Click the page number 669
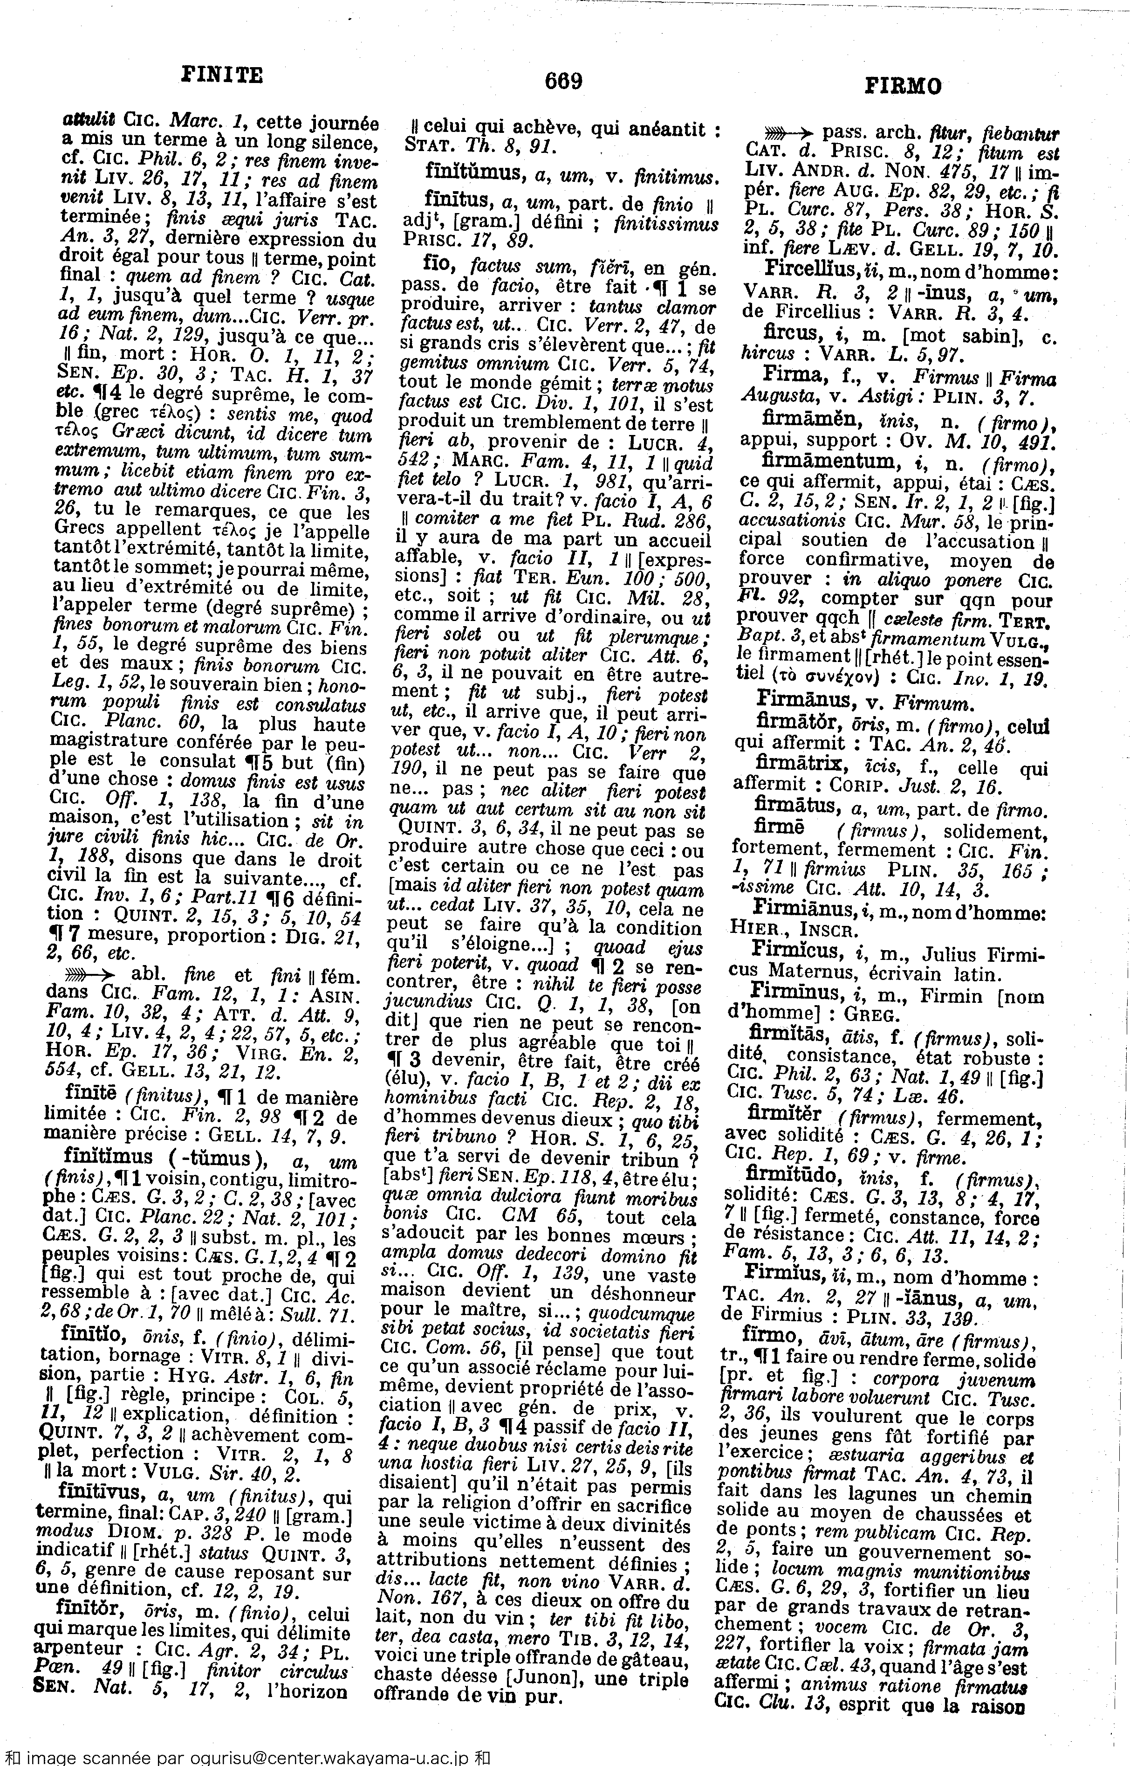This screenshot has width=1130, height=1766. point(563,80)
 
